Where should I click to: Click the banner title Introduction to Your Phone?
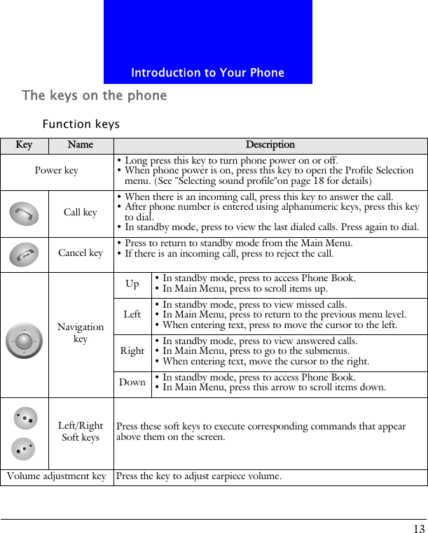click(207, 73)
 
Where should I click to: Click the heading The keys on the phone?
click(95, 95)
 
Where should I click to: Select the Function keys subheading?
click(81, 125)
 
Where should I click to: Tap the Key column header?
click(25, 145)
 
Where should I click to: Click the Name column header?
click(81, 145)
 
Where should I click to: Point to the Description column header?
click(270, 145)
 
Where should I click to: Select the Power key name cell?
click(57, 171)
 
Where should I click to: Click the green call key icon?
click(25, 213)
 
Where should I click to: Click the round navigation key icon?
click(24, 341)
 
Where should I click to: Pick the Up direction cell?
click(132, 284)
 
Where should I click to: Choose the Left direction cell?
click(132, 315)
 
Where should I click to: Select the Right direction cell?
click(132, 351)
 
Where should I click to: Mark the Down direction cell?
click(132, 383)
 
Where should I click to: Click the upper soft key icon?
click(26, 418)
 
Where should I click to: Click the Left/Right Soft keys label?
click(81, 432)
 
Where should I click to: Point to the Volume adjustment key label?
click(57, 477)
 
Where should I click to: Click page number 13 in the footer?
click(418, 528)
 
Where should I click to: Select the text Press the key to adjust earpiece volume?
click(199, 477)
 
